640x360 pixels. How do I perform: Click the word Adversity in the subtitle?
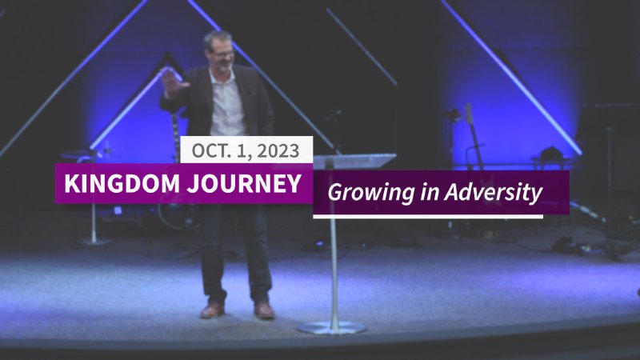(x=499, y=193)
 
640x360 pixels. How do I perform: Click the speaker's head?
(x=218, y=50)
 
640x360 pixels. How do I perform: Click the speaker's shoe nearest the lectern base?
(x=264, y=310)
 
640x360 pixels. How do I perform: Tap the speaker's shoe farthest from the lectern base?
(x=212, y=310)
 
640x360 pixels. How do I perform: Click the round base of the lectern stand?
(x=331, y=327)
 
